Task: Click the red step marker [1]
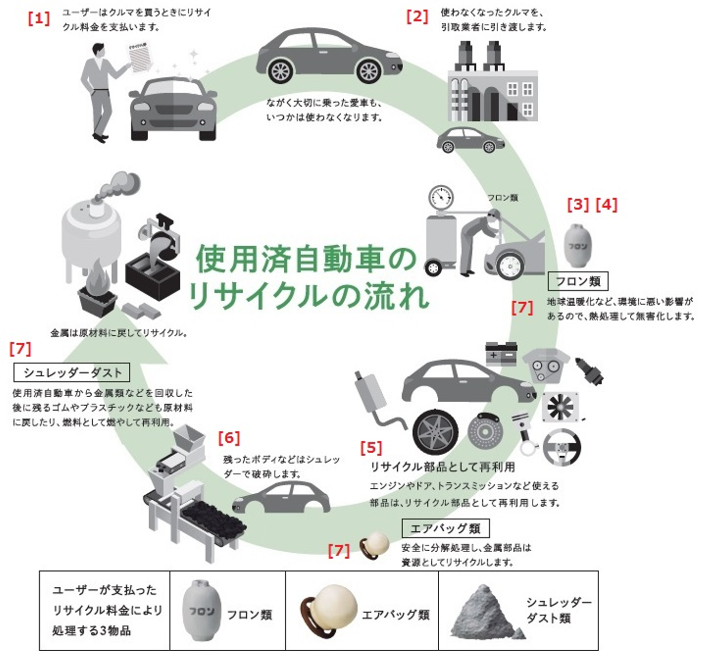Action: coord(39,19)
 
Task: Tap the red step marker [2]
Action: coord(417,17)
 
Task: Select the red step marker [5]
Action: coord(371,447)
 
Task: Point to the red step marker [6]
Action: coord(229,438)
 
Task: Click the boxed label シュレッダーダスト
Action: coord(72,372)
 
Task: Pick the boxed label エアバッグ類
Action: coord(446,528)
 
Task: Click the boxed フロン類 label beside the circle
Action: coord(578,281)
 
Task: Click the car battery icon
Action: coord(501,353)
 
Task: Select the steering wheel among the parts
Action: coord(562,448)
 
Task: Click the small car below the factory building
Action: coord(470,140)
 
